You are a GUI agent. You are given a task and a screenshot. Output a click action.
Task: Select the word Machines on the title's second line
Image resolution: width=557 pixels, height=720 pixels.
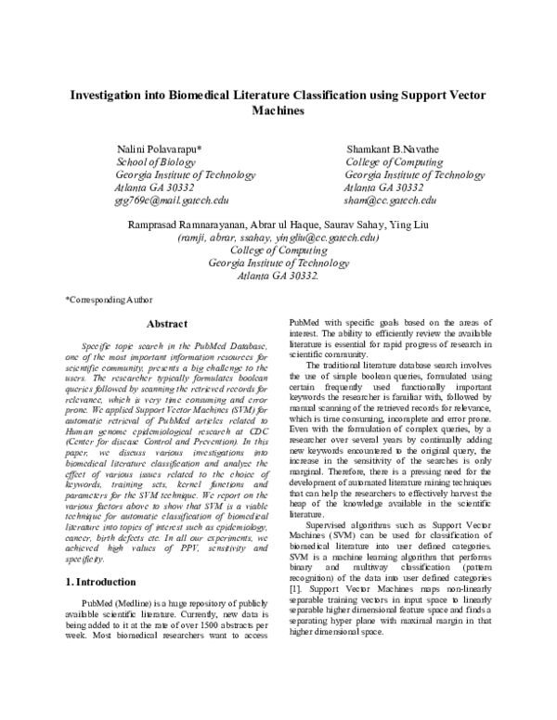click(x=278, y=110)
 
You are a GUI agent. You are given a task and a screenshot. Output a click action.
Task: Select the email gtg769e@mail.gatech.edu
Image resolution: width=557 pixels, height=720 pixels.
click(x=172, y=199)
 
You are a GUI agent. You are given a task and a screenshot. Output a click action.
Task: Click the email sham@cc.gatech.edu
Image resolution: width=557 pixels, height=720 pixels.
click(x=390, y=199)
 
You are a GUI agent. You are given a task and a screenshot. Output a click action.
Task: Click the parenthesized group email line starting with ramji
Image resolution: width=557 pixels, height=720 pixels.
click(x=278, y=238)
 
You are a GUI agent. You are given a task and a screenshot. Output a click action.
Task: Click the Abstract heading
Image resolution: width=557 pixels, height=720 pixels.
click(x=168, y=324)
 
